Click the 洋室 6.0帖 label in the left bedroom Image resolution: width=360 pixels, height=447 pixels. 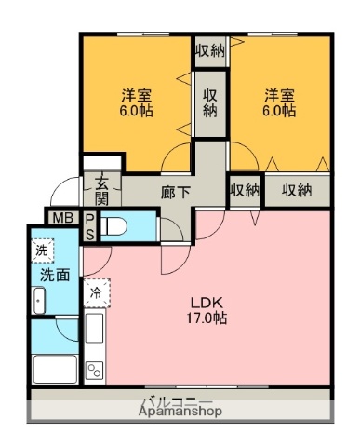pos(136,102)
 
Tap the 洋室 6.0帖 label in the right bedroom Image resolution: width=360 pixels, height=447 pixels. pos(278,102)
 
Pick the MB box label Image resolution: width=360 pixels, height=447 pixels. pos(61,219)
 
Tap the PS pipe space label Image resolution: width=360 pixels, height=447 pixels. pos(89,226)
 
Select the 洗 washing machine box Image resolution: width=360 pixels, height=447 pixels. pos(41,251)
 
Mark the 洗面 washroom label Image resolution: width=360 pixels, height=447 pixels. pos(52,276)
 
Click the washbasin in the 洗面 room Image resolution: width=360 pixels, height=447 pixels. pos(39,302)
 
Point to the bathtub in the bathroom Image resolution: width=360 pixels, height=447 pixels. pos(55,367)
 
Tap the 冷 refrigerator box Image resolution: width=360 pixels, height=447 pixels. pos(97,293)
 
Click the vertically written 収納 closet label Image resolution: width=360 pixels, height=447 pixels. pos(210,102)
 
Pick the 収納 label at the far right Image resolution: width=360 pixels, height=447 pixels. pos(297,190)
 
